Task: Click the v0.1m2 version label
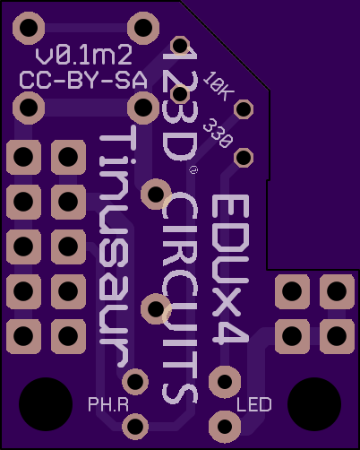coord(83,56)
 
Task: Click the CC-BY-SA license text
coord(83,80)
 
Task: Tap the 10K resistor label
coord(219,86)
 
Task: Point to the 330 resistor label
coord(218,133)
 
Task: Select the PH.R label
coord(108,404)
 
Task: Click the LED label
coord(254,404)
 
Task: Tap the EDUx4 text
coord(230,269)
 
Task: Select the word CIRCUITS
coord(180,298)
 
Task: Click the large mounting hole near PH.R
coord(46,404)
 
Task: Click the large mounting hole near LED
coord(314,404)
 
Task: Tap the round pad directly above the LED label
coord(225,382)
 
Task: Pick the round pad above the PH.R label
coord(135,381)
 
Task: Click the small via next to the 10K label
coord(244,108)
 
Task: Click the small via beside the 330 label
coord(244,157)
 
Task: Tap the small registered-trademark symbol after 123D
coord(193,170)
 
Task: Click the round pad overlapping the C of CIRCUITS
coord(156,195)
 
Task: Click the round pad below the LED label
coord(225,427)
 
